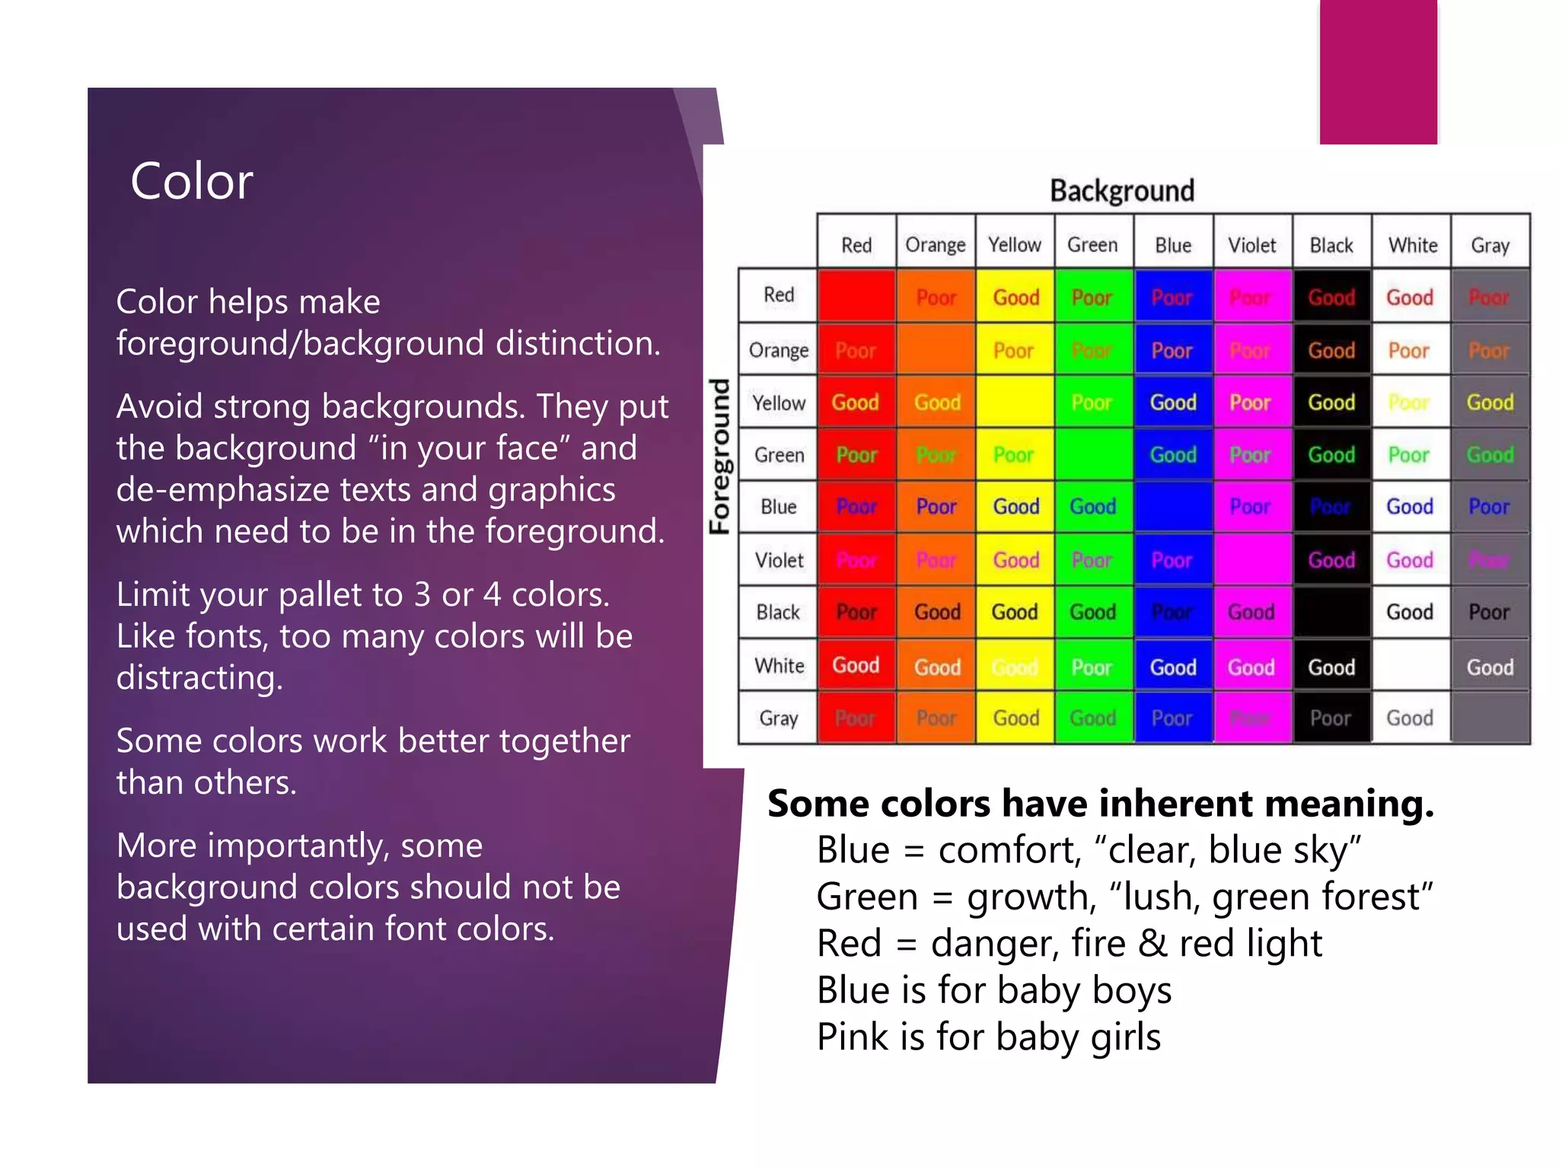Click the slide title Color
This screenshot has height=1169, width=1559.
pos(191,182)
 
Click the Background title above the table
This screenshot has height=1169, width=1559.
pos(1121,190)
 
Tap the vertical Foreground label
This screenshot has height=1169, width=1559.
pos(720,456)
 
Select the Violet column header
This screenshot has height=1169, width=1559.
pos(1251,245)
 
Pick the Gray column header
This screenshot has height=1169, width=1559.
pos(1490,245)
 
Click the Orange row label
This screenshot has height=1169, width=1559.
pos(778,350)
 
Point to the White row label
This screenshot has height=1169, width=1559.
pos(779,666)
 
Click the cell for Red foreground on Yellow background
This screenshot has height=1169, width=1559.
pos(1015,298)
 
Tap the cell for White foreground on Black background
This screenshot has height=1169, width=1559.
pos(1331,667)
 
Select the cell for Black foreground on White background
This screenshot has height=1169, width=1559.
pos(1410,613)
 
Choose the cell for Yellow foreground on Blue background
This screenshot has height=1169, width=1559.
pos(1172,403)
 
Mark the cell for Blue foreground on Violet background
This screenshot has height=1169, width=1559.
pos(1251,507)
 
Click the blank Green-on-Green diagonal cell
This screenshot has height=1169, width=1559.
pos(1093,455)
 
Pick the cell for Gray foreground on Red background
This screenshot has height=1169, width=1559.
pos(856,718)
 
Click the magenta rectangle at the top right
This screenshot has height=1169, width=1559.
pos(1378,72)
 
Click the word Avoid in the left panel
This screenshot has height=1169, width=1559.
pos(159,406)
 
